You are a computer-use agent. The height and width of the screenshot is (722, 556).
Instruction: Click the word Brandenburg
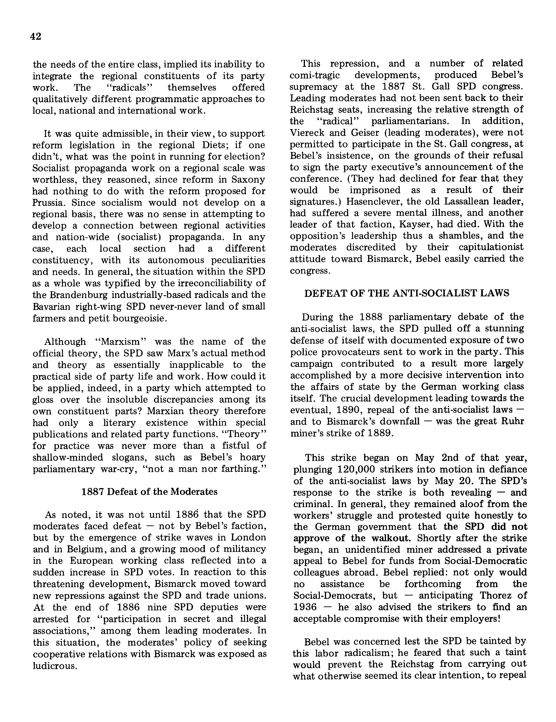(x=80, y=295)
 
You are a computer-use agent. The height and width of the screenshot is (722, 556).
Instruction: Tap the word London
(x=249, y=537)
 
